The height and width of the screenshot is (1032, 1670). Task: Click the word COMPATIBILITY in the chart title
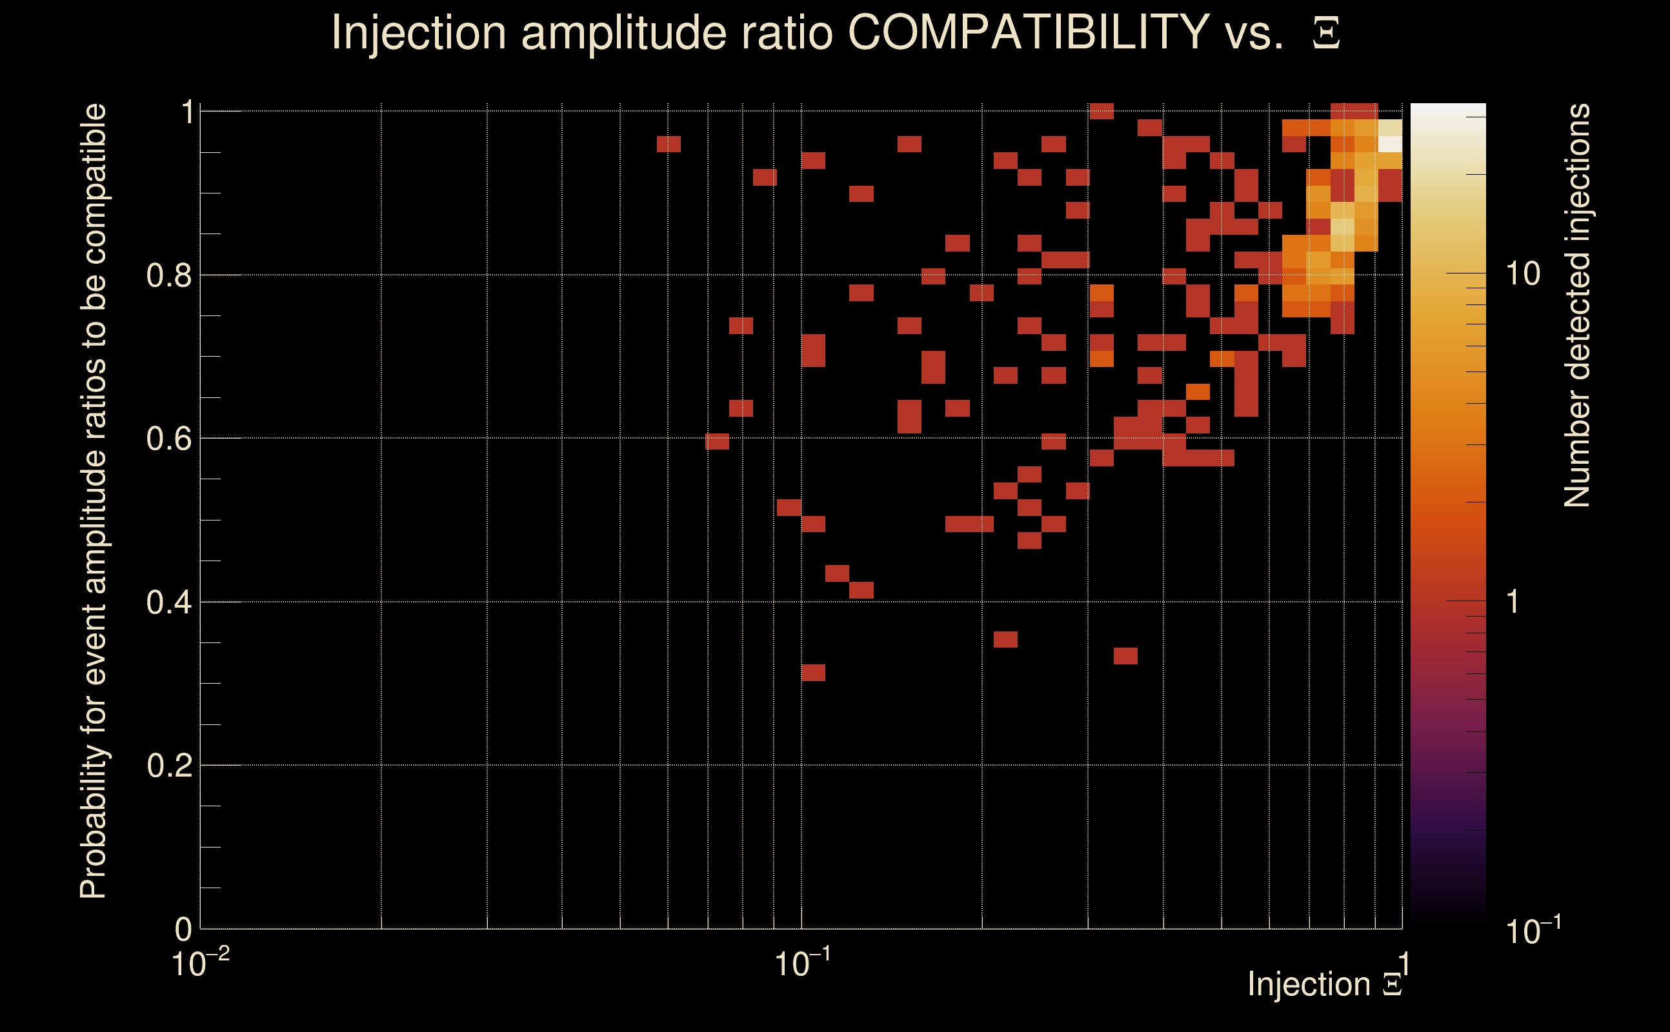1028,32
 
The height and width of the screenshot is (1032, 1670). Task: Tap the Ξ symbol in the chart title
1326,34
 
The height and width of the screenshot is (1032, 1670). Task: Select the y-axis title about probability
94,501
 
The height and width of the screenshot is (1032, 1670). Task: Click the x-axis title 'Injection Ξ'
1325,984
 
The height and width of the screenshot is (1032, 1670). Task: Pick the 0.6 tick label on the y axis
168,438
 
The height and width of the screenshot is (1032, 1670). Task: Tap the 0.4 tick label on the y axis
168,602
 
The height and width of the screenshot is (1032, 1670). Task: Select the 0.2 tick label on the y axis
168,765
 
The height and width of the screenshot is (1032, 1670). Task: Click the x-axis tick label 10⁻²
200,964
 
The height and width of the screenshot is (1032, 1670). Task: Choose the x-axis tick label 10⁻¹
802,964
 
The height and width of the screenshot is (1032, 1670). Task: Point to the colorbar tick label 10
1522,274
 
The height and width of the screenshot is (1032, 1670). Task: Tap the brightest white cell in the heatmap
1390,144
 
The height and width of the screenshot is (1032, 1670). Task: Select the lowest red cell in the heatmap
813,672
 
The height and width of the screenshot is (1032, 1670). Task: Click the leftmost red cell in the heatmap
669,144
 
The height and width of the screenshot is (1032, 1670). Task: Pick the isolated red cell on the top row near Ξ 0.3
1102,110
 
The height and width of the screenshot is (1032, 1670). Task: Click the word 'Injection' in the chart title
419,32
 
